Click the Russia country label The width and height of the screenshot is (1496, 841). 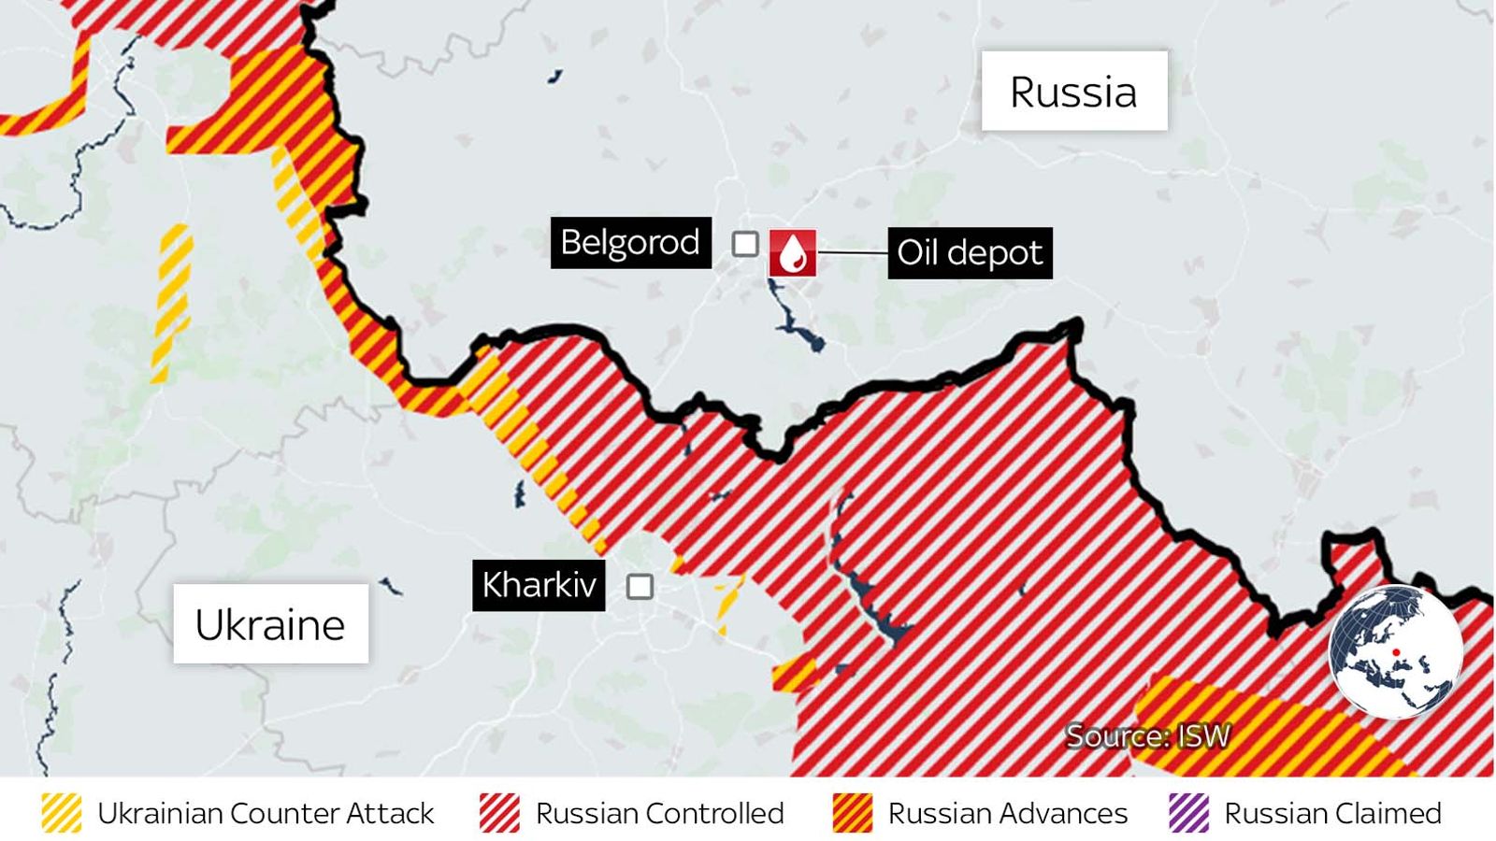click(x=1073, y=92)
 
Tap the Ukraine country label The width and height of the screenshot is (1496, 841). click(x=270, y=624)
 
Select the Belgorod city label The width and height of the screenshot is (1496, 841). click(x=630, y=243)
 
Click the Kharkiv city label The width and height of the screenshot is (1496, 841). click(x=539, y=585)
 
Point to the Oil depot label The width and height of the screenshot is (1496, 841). click(x=970, y=252)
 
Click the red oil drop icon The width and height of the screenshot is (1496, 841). click(x=793, y=253)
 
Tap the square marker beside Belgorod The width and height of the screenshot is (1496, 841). click(x=745, y=244)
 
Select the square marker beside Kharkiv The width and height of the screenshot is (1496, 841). click(x=640, y=587)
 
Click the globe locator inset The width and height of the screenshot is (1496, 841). click(x=1395, y=651)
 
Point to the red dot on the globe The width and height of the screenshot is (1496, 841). click(x=1395, y=652)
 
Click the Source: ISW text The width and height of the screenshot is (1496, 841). click(x=1147, y=736)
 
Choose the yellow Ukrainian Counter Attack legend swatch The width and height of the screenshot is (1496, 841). click(x=62, y=813)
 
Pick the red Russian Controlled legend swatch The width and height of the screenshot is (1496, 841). click(x=499, y=813)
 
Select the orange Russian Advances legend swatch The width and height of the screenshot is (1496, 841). click(x=852, y=813)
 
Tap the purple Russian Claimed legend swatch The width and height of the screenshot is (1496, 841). click(x=1188, y=813)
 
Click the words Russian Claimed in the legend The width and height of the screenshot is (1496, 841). click(x=1332, y=813)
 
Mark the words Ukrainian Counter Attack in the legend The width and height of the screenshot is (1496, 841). click(x=266, y=813)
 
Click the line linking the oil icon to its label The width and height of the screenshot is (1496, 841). click(x=851, y=253)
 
